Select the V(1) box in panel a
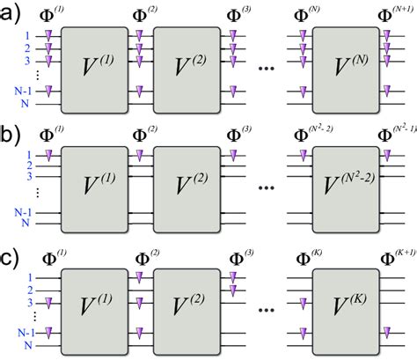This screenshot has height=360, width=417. (x=92, y=66)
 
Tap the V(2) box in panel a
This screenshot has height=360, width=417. (x=187, y=66)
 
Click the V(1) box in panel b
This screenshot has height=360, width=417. (x=92, y=187)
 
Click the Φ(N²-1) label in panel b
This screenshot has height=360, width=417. (x=395, y=135)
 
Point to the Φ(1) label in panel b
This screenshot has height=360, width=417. (x=49, y=135)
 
